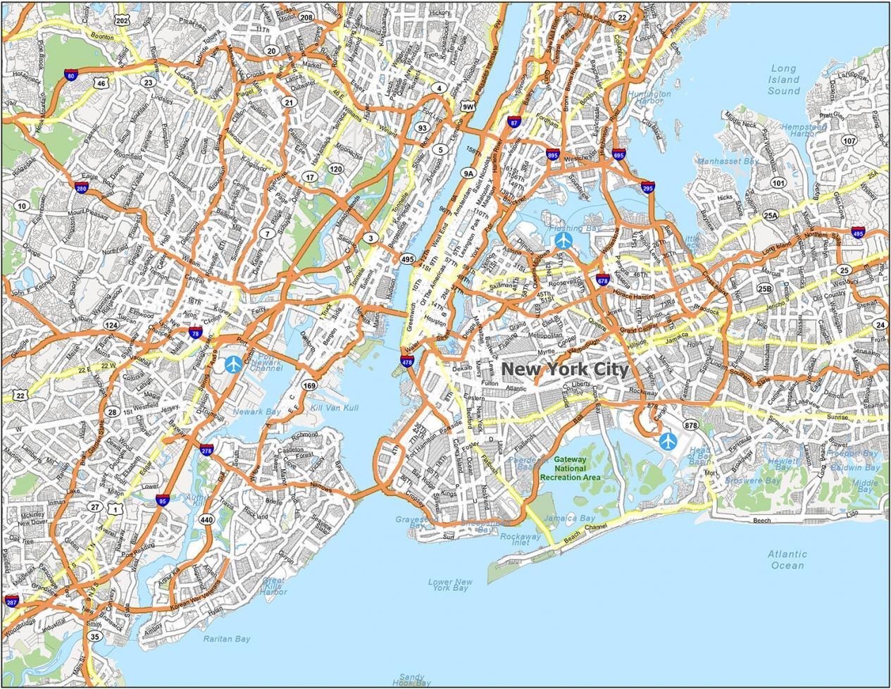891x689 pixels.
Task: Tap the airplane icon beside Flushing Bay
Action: [563, 240]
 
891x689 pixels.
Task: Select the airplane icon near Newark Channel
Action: [233, 364]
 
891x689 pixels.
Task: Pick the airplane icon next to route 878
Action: [667, 441]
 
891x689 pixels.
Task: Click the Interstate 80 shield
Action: [70, 75]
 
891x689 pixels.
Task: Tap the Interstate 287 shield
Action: [12, 601]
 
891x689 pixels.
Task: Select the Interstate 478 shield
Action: [407, 361]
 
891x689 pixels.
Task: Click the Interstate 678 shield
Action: [603, 280]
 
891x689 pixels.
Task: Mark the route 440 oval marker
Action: [206, 520]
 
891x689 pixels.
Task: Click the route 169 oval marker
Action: [309, 385]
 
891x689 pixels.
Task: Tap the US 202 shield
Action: [123, 21]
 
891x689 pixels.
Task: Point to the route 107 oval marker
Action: [849, 140]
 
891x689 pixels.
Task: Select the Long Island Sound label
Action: [783, 80]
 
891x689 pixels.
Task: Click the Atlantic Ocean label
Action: [787, 559]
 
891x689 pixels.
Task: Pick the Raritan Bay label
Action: [227, 639]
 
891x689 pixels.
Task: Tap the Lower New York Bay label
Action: [450, 585]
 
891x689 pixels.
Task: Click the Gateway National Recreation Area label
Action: [571, 468]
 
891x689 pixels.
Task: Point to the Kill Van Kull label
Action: [335, 408]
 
